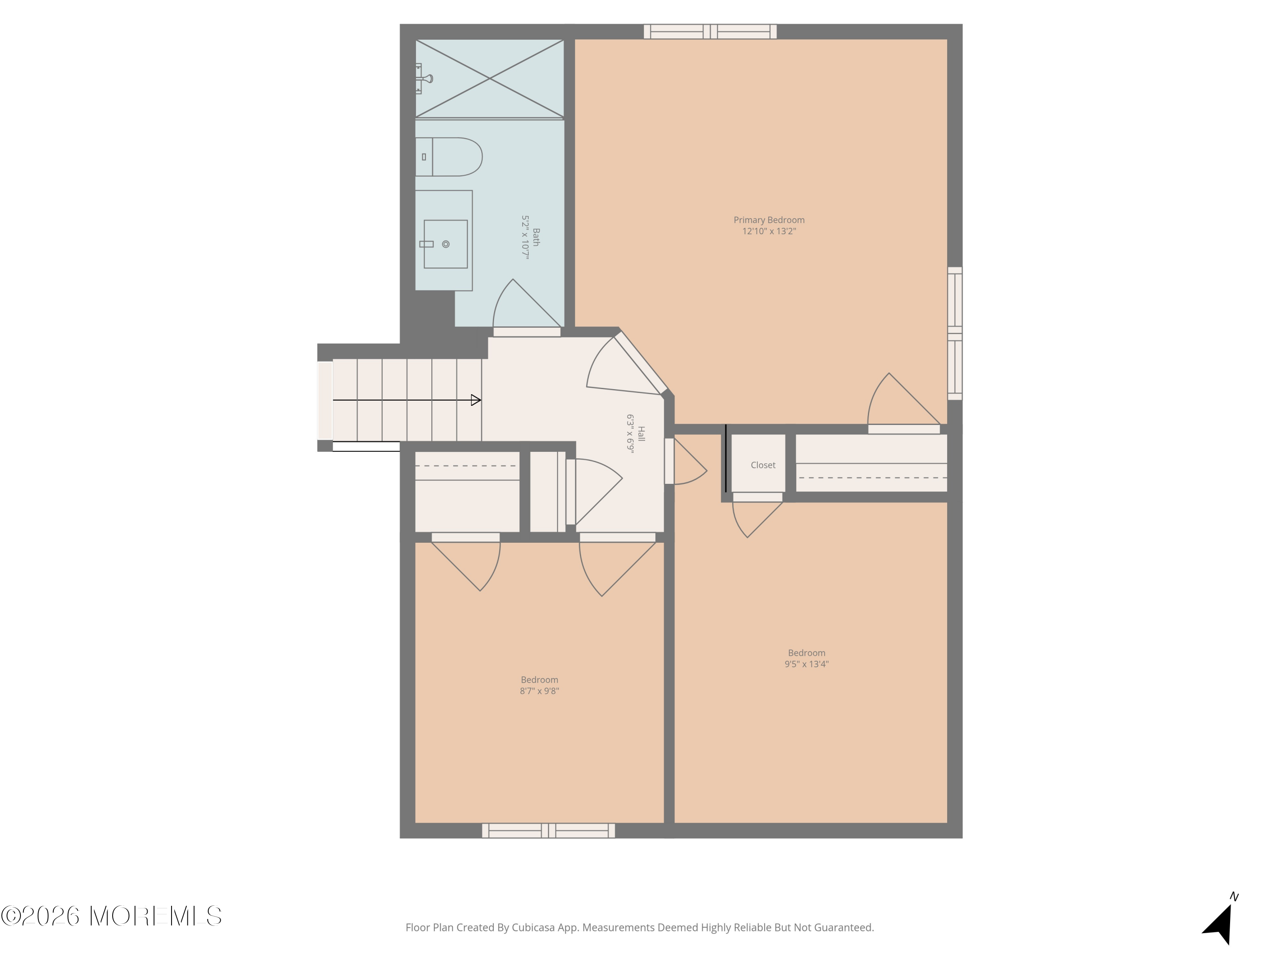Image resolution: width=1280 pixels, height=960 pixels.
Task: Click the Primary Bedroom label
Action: coord(769,220)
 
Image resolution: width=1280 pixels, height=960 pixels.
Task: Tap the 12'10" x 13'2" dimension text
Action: coord(769,231)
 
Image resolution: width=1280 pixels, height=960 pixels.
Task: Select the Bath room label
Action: coord(536,237)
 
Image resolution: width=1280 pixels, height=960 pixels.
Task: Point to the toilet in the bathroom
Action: coord(448,157)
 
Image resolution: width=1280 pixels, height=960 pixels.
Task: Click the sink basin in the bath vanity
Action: coord(445,244)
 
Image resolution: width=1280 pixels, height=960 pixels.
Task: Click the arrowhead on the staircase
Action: coord(476,400)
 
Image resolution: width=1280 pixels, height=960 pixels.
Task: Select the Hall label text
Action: coord(641,434)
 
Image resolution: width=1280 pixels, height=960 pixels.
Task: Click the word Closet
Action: coord(763,465)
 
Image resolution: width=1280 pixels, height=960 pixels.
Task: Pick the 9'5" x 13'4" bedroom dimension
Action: coord(807,664)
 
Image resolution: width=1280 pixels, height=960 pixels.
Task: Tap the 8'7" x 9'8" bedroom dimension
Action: coord(539,691)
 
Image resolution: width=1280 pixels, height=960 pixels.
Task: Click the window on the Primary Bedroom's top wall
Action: coord(710,32)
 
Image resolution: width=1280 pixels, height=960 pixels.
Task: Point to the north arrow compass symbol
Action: coord(1220,920)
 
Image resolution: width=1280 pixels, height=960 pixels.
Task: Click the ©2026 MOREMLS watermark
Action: coord(111,916)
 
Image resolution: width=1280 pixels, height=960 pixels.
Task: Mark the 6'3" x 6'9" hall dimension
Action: coord(631,434)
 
